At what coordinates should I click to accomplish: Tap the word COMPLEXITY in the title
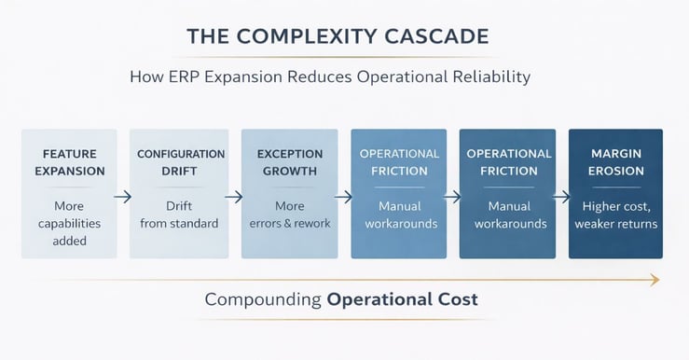[x=310, y=36]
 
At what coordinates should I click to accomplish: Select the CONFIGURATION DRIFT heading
[x=181, y=162]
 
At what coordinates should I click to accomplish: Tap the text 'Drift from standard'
[x=179, y=215]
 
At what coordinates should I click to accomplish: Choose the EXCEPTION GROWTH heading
[x=290, y=162]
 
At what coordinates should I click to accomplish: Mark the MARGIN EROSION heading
[x=616, y=162]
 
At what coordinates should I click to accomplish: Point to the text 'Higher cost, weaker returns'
[x=616, y=215]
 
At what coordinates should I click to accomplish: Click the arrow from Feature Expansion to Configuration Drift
[x=123, y=197]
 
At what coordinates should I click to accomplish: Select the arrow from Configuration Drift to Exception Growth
[x=234, y=197]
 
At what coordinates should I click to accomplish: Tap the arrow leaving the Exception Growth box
[x=344, y=197]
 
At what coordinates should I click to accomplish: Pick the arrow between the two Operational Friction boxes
[x=453, y=197]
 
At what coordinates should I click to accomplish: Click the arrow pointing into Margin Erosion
[x=562, y=197]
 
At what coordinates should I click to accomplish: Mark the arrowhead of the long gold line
[x=655, y=279]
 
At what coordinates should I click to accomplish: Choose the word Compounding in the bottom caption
[x=263, y=300]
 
